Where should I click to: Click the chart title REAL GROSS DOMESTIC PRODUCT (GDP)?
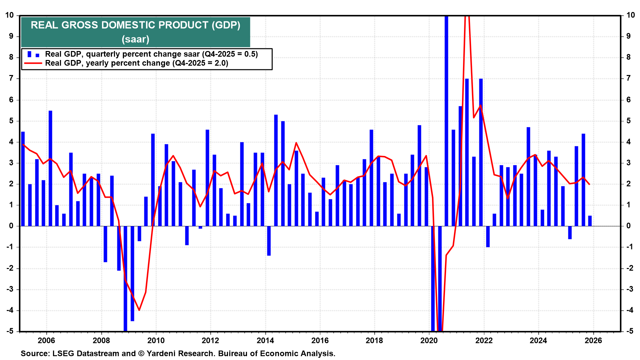click(x=135, y=25)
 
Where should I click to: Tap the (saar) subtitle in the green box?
click(x=135, y=39)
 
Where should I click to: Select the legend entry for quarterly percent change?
click(x=151, y=54)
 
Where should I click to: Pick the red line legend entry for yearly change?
click(x=136, y=63)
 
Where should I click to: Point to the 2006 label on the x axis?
click(x=46, y=340)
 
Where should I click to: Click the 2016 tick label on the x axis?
click(x=320, y=340)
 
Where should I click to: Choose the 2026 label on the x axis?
click(x=593, y=340)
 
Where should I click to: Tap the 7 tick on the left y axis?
click(x=11, y=78)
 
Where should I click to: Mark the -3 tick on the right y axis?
click(x=630, y=289)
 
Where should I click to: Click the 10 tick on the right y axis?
click(x=630, y=15)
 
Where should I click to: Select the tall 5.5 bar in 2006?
click(x=50, y=168)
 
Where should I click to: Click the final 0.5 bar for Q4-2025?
click(x=590, y=221)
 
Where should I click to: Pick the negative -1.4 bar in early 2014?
click(x=269, y=241)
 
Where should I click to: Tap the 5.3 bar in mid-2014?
click(x=276, y=170)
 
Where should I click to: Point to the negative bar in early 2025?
click(x=570, y=232)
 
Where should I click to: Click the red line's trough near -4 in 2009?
click(x=139, y=310)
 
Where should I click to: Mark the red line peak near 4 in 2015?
click(x=296, y=143)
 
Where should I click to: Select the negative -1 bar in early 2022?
click(x=488, y=236)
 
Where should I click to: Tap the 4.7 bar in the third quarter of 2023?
click(x=528, y=177)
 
